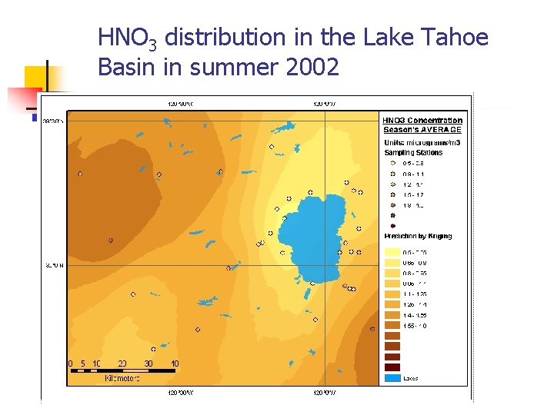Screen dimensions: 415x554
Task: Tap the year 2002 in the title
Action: (312, 68)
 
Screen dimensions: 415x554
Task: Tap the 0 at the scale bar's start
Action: (71, 364)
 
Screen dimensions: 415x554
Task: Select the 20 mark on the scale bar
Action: (122, 364)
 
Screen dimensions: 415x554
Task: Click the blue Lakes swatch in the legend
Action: (392, 377)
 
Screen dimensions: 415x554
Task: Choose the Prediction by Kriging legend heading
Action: (418, 236)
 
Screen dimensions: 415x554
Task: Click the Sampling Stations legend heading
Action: (413, 153)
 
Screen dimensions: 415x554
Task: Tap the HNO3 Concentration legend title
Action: (422, 120)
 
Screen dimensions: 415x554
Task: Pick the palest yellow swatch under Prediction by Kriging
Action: (392, 252)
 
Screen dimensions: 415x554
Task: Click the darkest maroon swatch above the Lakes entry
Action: (392, 367)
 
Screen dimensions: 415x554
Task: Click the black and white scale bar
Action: (123, 371)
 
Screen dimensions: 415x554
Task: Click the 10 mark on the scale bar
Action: (96, 364)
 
